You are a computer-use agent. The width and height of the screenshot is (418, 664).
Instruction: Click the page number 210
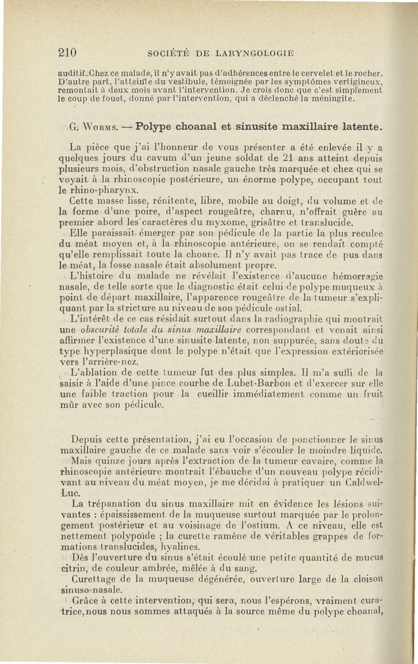point(67,52)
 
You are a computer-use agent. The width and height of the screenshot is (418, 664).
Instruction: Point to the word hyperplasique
point(117,353)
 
